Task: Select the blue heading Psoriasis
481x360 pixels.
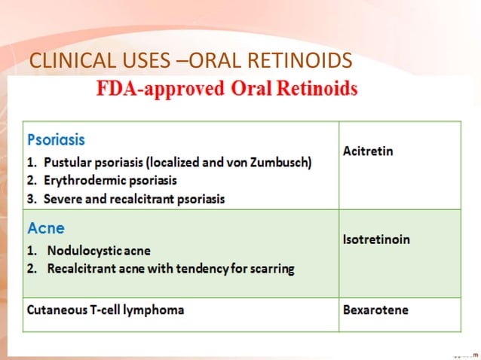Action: coord(56,140)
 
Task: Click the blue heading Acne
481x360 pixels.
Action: coord(46,227)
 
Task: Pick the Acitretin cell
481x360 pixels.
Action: coord(368,151)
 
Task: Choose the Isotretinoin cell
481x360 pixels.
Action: coord(375,239)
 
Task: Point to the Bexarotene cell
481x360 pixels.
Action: coord(370,310)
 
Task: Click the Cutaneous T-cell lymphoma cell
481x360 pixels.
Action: coord(106,310)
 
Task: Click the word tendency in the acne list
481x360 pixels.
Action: coord(188,267)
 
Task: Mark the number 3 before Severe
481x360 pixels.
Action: coord(31,199)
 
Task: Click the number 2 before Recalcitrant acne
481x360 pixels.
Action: coord(31,267)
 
